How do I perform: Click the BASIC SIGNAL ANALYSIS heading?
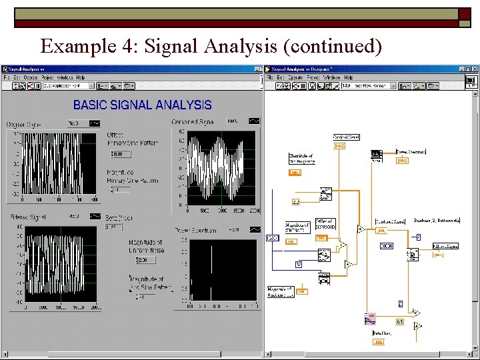[x=142, y=105]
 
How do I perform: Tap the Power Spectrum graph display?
[x=223, y=269]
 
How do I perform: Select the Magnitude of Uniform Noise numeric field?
[x=145, y=260]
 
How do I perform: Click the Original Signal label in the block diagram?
[x=346, y=137]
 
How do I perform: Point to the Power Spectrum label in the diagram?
[x=411, y=151]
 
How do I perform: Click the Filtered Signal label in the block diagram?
[x=445, y=246]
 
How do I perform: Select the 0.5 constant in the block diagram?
[x=399, y=322]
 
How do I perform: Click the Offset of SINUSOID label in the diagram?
[x=324, y=225]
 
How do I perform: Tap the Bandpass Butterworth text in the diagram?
[x=437, y=220]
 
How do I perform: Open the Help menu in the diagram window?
[x=347, y=77]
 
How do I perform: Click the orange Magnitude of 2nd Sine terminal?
[x=301, y=291]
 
